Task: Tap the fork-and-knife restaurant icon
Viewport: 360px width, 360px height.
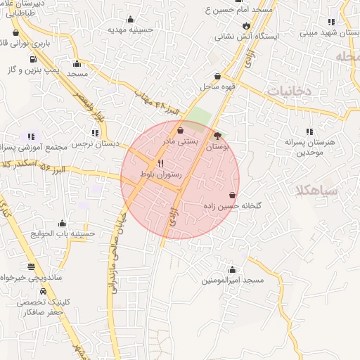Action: (x=161, y=163)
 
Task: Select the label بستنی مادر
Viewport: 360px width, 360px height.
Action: (x=181, y=141)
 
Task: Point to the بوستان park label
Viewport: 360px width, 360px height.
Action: (x=219, y=146)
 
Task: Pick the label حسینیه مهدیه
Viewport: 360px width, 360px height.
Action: (x=131, y=30)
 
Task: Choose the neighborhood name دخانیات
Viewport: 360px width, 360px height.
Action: (x=290, y=91)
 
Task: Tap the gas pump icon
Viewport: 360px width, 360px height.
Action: (x=33, y=58)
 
